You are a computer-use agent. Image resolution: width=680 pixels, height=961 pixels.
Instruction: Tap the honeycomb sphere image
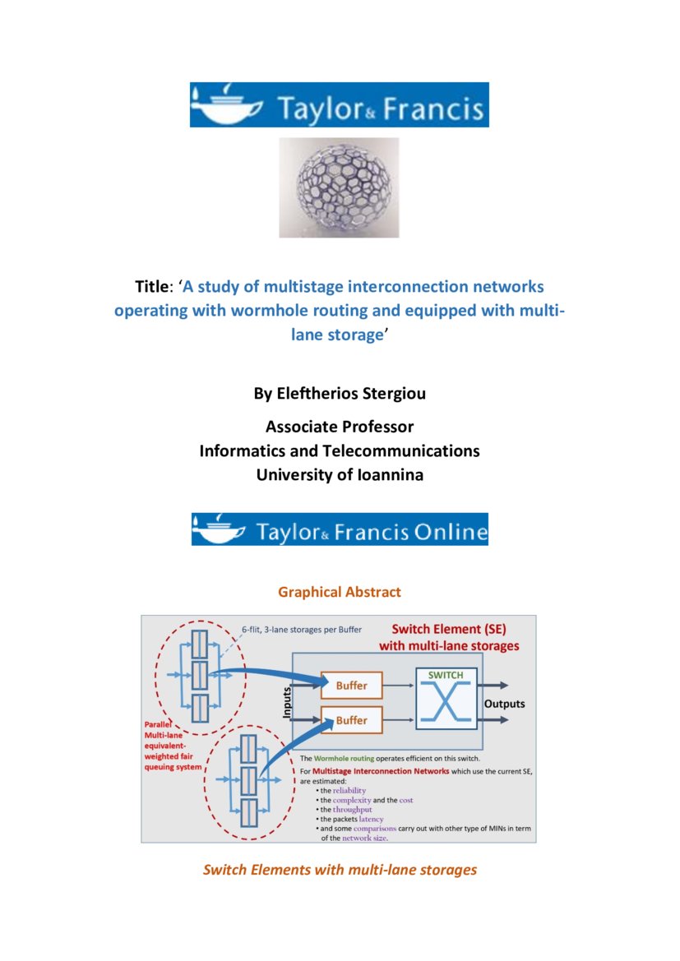[339, 188]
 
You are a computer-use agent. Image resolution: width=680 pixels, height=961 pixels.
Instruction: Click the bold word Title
[151, 287]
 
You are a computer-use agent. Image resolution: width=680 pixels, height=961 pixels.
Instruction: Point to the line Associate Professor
[339, 427]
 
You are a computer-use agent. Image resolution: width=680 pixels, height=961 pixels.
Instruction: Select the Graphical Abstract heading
[339, 592]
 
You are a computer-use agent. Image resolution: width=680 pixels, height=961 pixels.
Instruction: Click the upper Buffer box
[351, 685]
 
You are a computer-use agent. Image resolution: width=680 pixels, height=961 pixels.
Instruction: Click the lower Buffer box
[351, 720]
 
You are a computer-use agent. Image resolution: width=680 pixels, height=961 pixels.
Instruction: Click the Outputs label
[504, 705]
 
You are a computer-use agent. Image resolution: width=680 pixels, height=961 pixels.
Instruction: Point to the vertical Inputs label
[288, 704]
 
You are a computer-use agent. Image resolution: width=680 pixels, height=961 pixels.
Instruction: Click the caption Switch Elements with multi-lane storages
[339, 869]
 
